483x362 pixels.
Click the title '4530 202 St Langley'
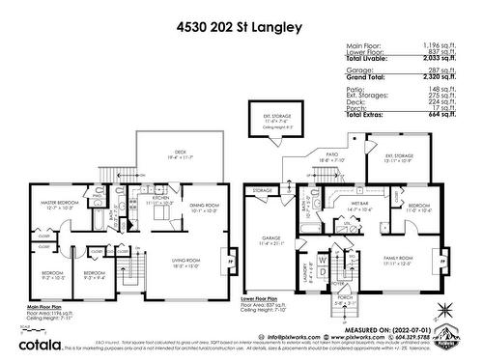click(241, 27)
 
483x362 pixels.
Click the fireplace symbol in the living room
click(228, 260)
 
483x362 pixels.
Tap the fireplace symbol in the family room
click(444, 260)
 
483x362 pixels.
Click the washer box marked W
click(318, 260)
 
